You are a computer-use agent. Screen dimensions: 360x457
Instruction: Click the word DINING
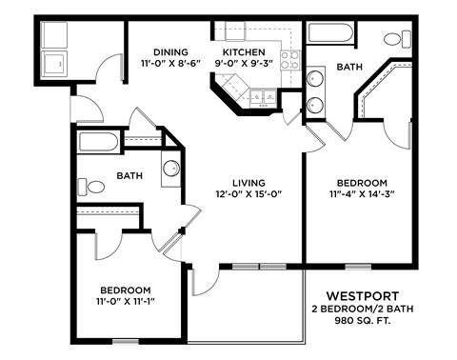pos(169,51)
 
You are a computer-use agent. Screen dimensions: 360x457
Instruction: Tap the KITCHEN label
pos(243,51)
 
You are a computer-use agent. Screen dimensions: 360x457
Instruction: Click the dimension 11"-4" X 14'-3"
pos(361,194)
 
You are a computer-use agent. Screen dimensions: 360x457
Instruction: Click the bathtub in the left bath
pos(99,144)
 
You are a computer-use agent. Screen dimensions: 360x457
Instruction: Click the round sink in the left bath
pos(169,169)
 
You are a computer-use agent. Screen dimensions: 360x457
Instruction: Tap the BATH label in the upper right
pos(348,68)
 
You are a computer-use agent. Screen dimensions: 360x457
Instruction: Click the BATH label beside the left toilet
pos(129,175)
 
